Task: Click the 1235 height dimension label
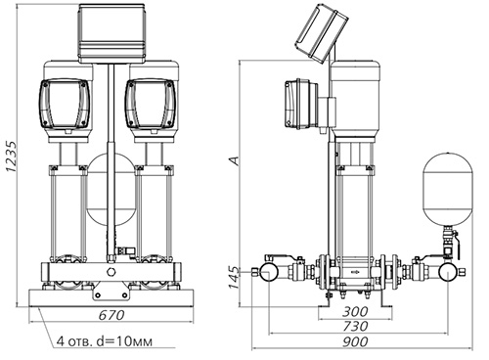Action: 11,157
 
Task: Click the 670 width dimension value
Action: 111,315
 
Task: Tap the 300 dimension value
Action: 355,312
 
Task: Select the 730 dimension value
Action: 355,327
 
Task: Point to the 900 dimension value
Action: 355,341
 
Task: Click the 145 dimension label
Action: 234,278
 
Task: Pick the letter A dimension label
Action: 234,160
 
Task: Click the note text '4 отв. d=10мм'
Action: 105,341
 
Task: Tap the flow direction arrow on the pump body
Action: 354,271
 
